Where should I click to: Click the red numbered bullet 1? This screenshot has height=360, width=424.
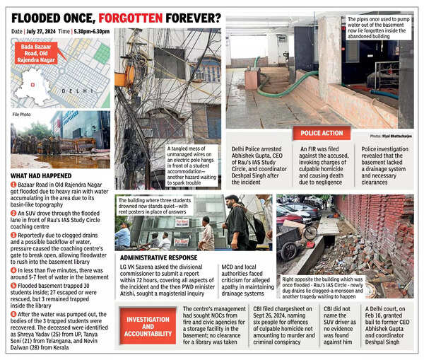pos(14,184)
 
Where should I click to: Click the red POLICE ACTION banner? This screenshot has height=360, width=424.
pos(322,133)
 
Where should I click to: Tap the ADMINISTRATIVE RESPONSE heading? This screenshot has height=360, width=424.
pos(159,258)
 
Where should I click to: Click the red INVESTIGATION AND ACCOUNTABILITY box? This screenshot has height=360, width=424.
pos(148,325)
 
